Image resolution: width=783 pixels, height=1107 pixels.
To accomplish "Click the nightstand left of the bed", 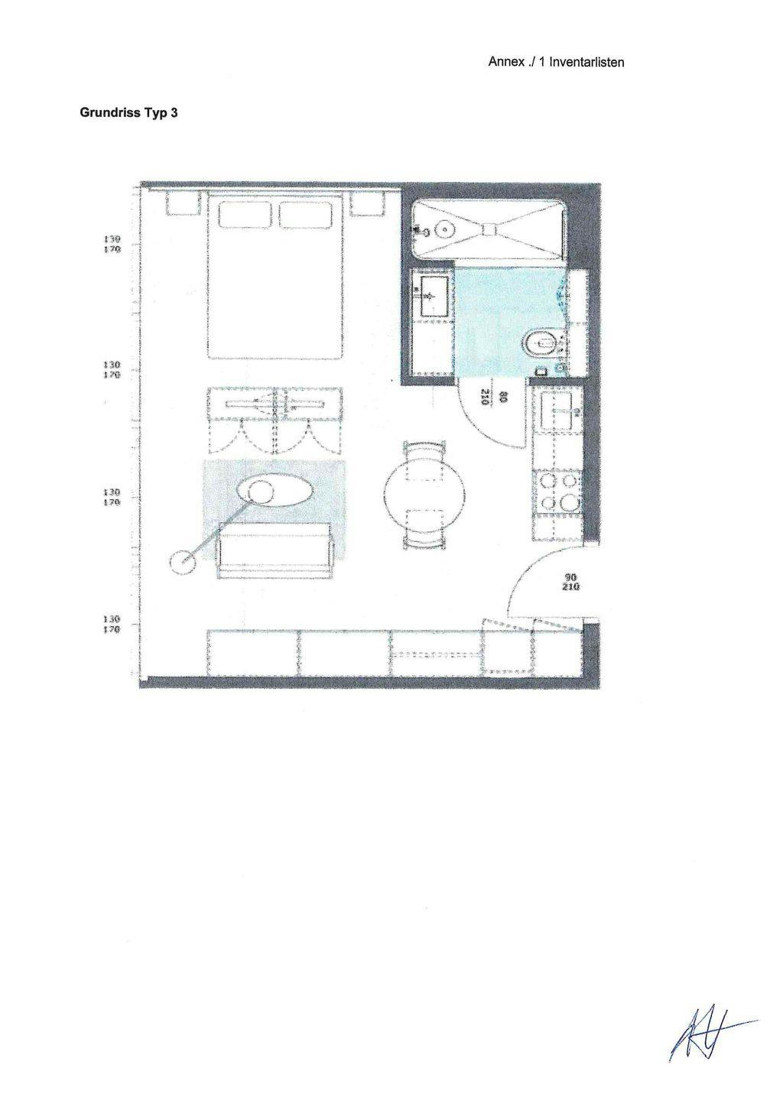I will pos(184,204).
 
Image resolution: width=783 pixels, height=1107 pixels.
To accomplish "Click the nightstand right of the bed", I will pos(366,204).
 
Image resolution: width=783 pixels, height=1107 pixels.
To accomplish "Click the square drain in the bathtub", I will pos(489,228).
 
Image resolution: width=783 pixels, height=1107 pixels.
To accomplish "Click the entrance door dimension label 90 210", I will pos(570,583).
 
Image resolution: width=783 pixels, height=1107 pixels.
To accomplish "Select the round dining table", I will pos(424,495).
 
